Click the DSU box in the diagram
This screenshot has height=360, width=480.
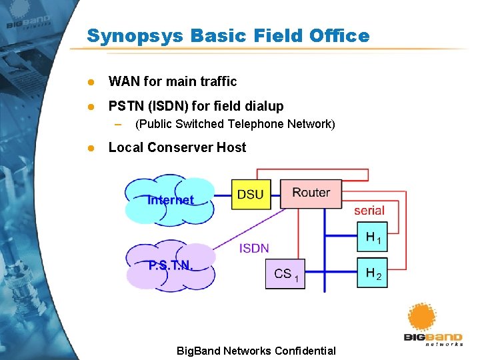251,194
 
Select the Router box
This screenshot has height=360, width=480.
311,193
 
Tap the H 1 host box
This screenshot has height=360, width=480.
372,237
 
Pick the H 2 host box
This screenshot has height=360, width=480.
372,273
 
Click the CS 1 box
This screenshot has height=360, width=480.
285,274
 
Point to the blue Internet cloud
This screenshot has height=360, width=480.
170,200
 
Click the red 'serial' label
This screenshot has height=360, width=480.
369,210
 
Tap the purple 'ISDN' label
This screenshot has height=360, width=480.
254,248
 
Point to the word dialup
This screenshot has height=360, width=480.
263,106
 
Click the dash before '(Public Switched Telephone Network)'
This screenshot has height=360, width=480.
118,124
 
